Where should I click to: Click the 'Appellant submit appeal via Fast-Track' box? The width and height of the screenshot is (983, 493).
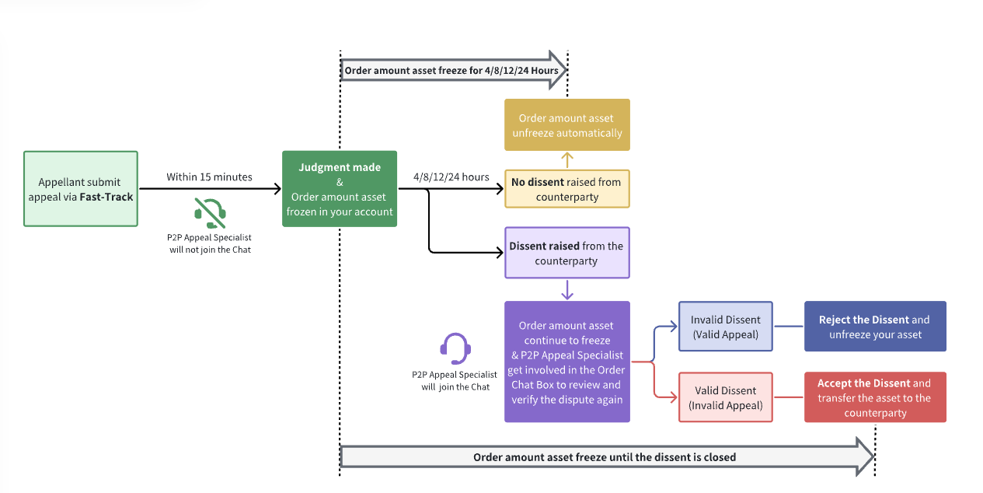tap(81, 189)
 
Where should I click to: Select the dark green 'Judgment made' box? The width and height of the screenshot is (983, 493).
tap(340, 189)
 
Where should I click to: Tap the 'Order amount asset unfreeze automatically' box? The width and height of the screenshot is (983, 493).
tap(567, 124)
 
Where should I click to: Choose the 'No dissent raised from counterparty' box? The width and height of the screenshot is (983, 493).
tap(567, 189)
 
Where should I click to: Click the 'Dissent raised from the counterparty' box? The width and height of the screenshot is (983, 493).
tap(567, 253)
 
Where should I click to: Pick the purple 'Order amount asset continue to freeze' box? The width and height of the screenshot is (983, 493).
tap(567, 362)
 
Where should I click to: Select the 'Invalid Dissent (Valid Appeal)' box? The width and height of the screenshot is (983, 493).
tap(726, 327)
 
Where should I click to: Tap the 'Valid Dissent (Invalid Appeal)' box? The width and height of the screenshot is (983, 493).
tap(726, 397)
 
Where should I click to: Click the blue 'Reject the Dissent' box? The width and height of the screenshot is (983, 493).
tap(875, 327)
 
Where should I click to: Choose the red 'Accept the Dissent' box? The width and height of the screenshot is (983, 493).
tap(875, 397)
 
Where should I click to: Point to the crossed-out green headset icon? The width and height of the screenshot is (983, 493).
tap(211, 212)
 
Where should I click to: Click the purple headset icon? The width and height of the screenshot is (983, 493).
tap(455, 348)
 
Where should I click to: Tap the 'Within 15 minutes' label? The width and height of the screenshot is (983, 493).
tap(209, 177)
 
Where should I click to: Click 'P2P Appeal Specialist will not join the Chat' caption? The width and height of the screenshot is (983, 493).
tap(211, 243)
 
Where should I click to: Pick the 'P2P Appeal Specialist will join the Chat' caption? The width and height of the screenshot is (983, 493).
tap(455, 380)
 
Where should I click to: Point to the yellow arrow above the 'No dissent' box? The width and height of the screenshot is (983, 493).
tap(567, 160)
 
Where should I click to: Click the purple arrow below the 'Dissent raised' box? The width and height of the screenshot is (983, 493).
tap(567, 289)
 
